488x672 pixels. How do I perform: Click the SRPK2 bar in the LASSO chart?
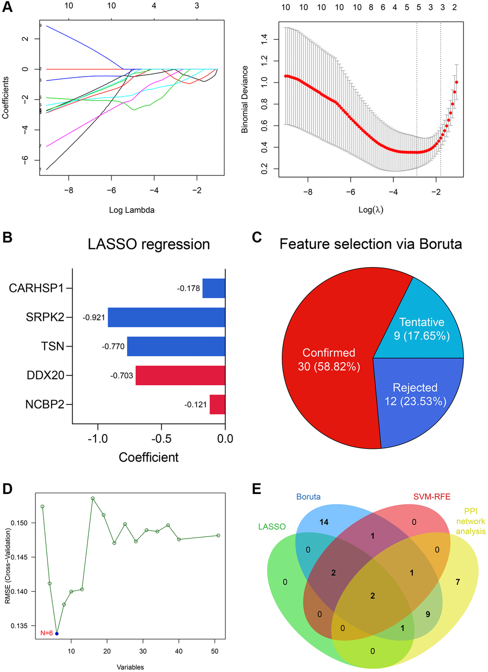[166, 317]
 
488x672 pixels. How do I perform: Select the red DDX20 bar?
[180, 375]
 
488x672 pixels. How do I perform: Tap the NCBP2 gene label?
[44, 404]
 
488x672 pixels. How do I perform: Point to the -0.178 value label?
[189, 289]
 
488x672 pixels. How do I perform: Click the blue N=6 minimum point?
[57, 633]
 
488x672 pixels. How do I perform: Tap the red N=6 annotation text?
[46, 633]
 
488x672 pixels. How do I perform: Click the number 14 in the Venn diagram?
[324, 522]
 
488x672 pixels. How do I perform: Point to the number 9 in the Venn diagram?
[428, 614]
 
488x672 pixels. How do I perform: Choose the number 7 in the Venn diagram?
[458, 582]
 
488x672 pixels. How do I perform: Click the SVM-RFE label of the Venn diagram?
[432, 497]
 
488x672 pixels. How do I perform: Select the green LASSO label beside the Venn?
[272, 526]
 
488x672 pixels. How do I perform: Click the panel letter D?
[7, 489]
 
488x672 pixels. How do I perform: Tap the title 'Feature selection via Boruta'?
[371, 244]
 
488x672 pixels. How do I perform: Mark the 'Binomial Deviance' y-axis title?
[245, 100]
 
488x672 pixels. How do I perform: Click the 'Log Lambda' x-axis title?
[132, 210]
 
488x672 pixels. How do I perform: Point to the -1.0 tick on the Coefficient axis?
[98, 438]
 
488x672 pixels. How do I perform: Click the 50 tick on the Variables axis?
[215, 651]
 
